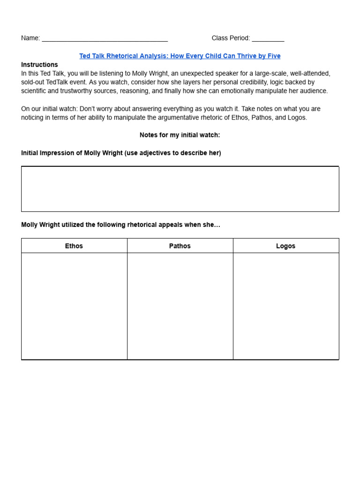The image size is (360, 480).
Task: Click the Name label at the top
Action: click(30, 38)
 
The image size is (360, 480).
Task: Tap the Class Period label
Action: click(231, 38)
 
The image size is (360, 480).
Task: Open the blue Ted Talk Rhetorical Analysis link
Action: click(180, 56)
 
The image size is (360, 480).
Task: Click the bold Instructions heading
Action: click(39, 65)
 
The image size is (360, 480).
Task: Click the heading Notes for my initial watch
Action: click(180, 135)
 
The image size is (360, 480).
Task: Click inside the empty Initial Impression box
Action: click(180, 189)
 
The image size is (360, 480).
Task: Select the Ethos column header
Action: click(74, 246)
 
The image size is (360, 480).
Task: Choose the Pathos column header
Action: click(180, 246)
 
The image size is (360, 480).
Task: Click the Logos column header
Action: click(285, 246)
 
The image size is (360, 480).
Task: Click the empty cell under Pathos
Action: click(180, 306)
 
